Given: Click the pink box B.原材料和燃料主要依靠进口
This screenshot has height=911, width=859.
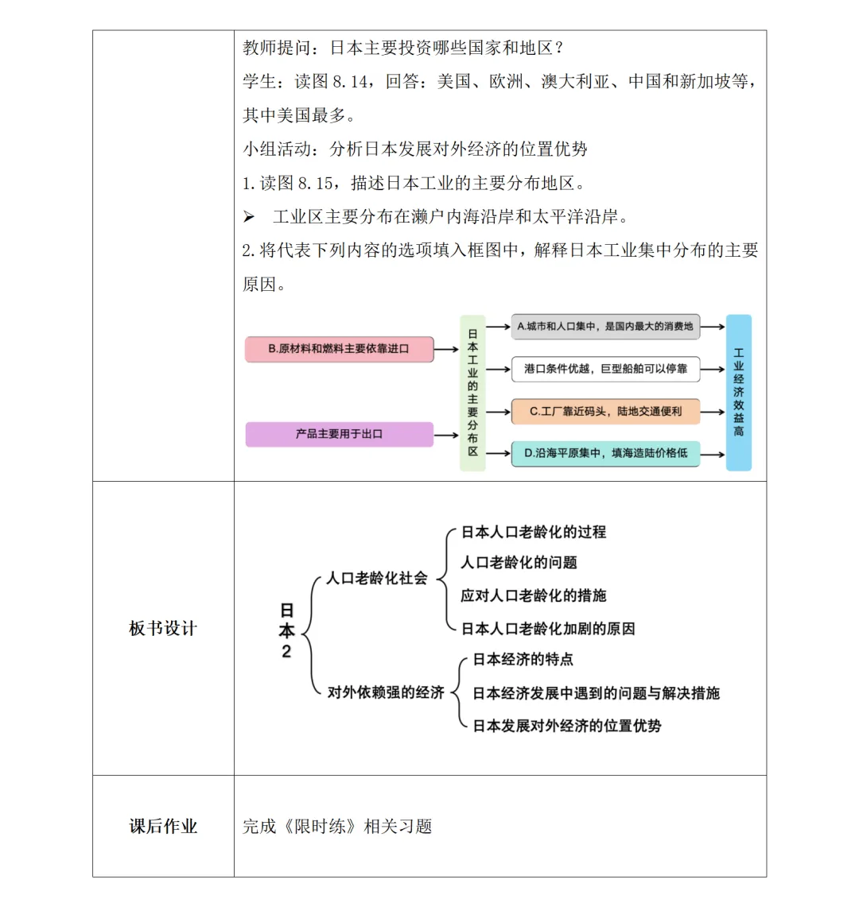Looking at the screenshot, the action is (340, 349).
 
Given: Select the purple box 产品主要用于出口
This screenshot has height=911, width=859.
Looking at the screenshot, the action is (340, 434).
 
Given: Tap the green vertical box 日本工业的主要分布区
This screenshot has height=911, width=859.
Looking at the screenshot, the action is (472, 393).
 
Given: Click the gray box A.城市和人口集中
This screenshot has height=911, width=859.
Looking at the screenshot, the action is (605, 326).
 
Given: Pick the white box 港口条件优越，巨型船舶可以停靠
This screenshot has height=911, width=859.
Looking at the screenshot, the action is (605, 369).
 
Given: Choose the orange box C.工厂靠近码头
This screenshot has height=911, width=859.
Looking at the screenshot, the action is (605, 411).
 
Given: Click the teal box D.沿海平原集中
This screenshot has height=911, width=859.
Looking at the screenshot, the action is (605, 453).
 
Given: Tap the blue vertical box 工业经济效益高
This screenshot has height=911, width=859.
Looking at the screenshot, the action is (738, 393).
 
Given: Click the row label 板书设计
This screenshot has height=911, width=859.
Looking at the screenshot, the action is (163, 628).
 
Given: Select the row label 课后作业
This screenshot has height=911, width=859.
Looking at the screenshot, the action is (163, 826).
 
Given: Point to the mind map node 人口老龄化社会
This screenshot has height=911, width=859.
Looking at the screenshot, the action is (377, 578).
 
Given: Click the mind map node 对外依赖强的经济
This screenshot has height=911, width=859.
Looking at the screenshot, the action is (386, 692).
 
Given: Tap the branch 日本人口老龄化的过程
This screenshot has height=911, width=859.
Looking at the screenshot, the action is (534, 532).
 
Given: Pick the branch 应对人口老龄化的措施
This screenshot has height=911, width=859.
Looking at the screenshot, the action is (534, 595).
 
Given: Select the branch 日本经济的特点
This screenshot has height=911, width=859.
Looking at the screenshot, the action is (523, 659).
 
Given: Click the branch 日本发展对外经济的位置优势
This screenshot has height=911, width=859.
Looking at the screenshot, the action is (567, 726).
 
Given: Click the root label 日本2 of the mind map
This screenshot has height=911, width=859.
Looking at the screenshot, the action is (286, 630).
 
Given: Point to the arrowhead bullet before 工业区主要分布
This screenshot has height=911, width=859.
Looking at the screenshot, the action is (249, 217).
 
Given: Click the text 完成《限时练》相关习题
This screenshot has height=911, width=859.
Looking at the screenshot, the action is (337, 826).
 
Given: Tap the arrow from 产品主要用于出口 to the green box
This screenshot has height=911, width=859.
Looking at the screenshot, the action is (447, 435).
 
